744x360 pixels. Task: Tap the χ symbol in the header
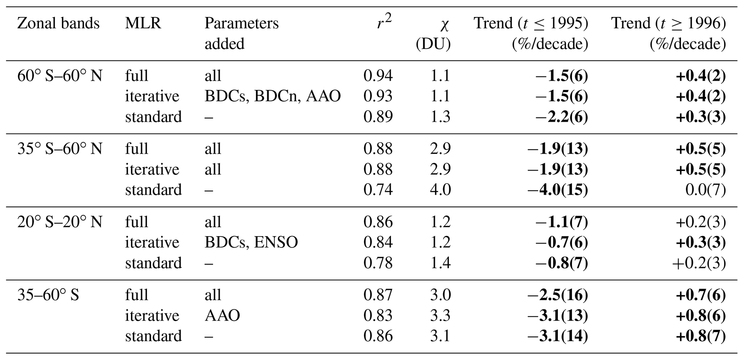tap(445, 24)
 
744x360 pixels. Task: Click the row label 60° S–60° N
tap(60, 76)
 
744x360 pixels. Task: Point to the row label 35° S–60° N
tap(60, 149)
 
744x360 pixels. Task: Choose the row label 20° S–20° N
tap(60, 222)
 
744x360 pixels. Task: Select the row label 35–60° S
tap(48, 295)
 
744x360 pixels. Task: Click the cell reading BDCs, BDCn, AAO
tap(272, 96)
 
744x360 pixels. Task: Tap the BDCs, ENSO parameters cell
tap(251, 243)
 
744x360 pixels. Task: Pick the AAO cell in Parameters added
tap(222, 316)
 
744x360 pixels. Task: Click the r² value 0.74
tap(378, 190)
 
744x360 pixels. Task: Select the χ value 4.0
tap(440, 190)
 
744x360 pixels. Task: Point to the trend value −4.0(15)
tap(558, 190)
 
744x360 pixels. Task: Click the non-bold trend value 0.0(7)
tap(705, 190)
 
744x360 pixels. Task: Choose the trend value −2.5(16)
tap(558, 295)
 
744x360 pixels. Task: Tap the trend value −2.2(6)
tap(562, 117)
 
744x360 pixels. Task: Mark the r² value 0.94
tap(378, 76)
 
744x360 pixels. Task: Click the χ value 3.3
tap(440, 316)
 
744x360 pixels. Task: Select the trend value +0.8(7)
tap(700, 336)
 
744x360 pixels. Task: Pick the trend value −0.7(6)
tap(562, 243)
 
